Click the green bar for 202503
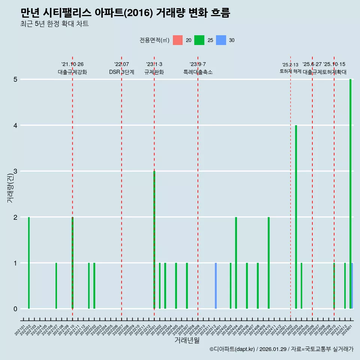click(296, 217)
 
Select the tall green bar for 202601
click(350, 194)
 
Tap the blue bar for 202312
click(216, 286)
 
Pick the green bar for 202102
click(29, 262)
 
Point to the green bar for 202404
click(236, 262)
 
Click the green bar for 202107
click(56, 286)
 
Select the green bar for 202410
click(268, 262)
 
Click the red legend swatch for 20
click(178, 40)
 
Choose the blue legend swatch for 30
click(221, 40)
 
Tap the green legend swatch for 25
click(199, 40)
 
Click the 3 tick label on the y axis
click(16, 171)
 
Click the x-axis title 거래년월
click(187, 340)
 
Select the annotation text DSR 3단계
click(121, 72)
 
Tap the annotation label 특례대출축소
click(198, 72)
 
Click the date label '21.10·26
click(72, 64)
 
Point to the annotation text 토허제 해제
click(290, 71)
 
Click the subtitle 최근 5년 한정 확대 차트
click(54, 24)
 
